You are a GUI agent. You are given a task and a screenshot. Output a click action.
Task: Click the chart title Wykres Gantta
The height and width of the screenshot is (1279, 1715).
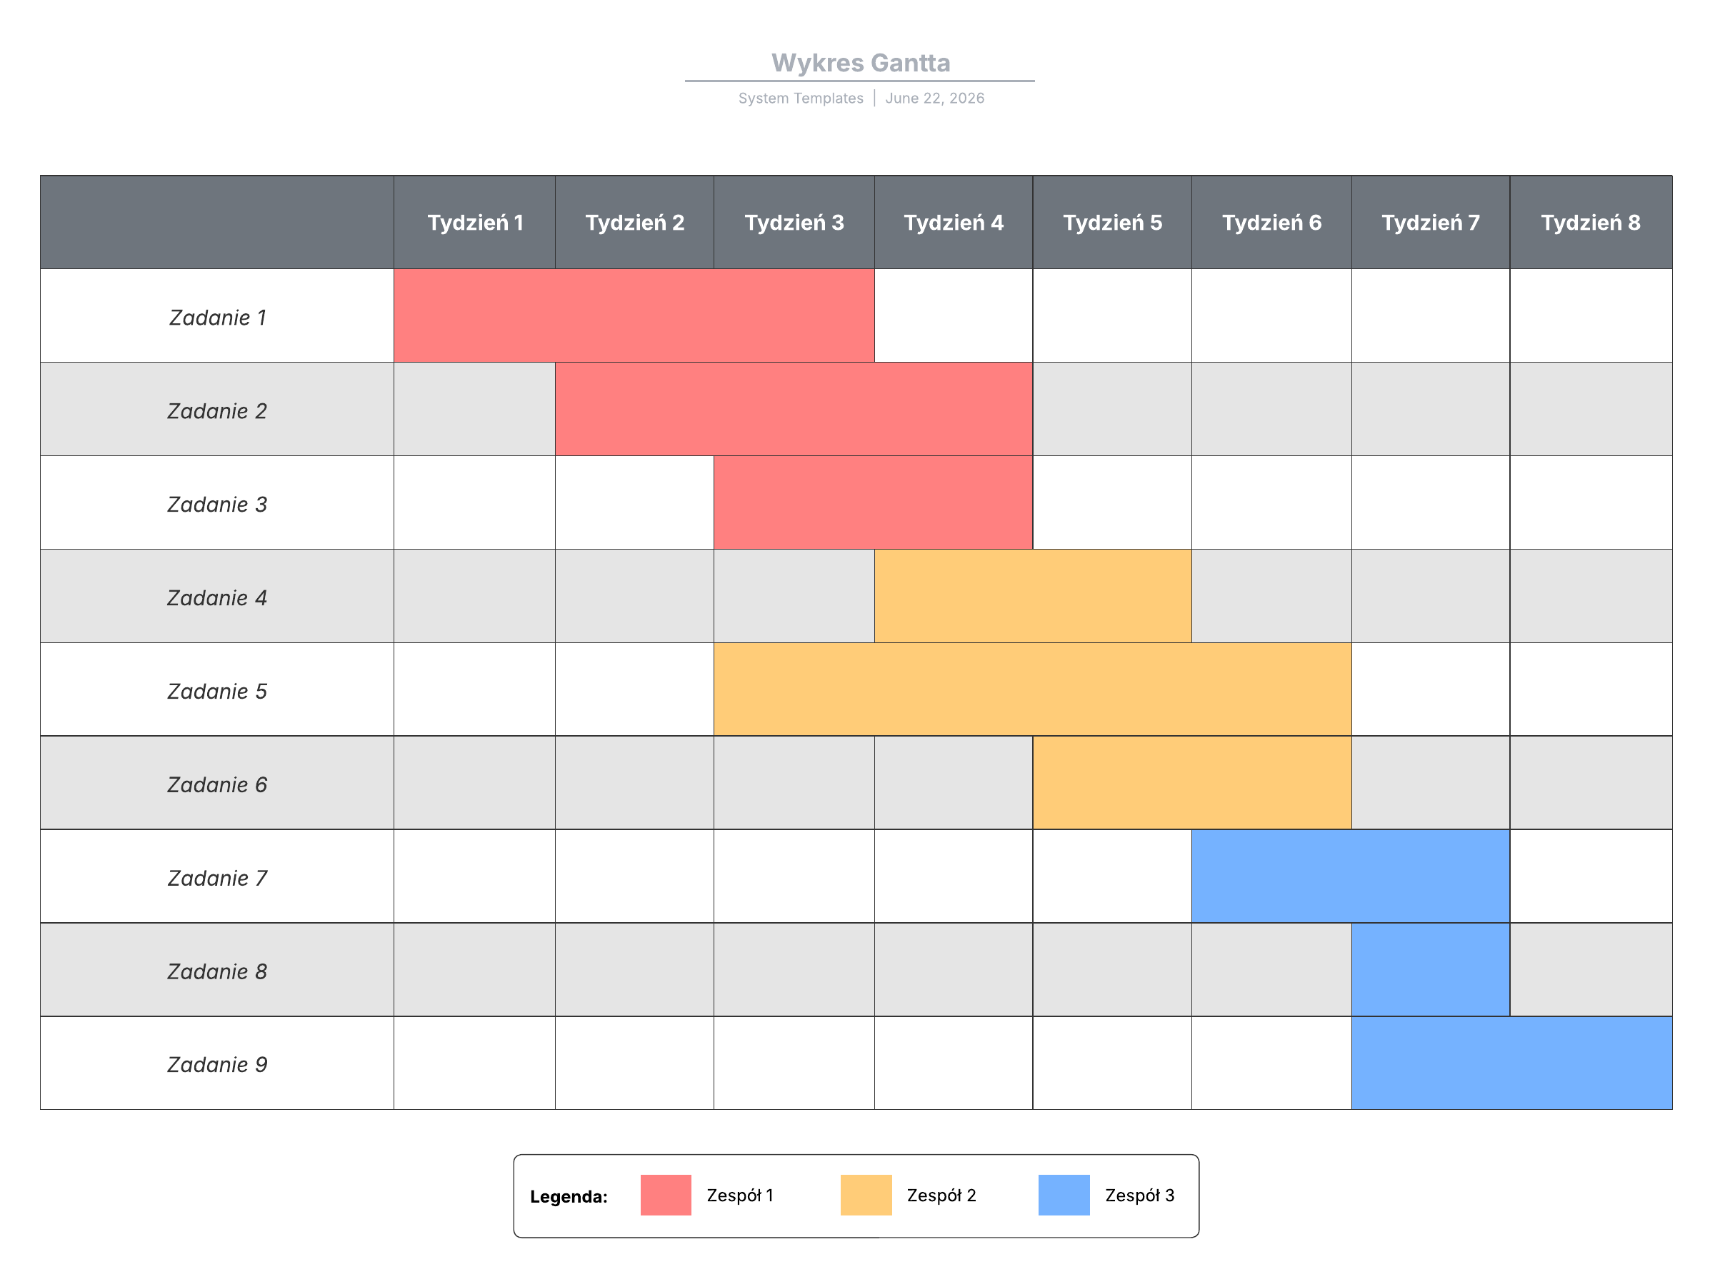click(x=860, y=63)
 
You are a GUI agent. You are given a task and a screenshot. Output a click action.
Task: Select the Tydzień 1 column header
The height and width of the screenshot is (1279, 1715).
click(x=475, y=222)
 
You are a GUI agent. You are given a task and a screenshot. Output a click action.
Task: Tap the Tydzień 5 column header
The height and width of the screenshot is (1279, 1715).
click(x=1111, y=222)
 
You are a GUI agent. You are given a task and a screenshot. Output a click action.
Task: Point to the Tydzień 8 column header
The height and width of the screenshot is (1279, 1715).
click(x=1589, y=222)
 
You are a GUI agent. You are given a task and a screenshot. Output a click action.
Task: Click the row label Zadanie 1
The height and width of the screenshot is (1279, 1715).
click(x=217, y=318)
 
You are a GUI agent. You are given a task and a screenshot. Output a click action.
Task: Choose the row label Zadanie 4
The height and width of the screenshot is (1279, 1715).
click(x=217, y=597)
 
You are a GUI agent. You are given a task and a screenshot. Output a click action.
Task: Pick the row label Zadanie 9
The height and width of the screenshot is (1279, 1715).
click(x=217, y=1065)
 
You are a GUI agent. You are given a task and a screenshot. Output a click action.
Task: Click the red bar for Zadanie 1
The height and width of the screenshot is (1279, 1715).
click(x=634, y=315)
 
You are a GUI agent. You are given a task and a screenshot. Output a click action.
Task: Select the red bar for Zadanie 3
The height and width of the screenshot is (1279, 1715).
click(x=872, y=502)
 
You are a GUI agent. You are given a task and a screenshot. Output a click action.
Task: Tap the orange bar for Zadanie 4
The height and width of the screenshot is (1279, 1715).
click(x=1033, y=596)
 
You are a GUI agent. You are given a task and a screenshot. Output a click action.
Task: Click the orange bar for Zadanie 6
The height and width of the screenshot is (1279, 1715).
click(x=1191, y=783)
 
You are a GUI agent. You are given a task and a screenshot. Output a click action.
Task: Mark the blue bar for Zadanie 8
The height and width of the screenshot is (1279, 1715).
click(x=1430, y=969)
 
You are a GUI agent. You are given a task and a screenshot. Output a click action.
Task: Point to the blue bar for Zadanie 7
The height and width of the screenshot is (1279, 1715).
click(x=1350, y=876)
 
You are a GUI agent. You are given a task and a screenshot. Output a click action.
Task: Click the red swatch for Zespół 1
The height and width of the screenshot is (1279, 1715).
click(x=666, y=1195)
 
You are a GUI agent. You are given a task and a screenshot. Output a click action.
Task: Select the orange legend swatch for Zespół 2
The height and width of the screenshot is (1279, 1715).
click(x=865, y=1195)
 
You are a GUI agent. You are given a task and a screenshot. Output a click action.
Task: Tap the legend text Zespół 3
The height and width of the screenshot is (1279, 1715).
click(x=1139, y=1195)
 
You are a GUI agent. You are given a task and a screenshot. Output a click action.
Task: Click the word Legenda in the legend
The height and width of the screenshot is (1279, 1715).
click(x=568, y=1196)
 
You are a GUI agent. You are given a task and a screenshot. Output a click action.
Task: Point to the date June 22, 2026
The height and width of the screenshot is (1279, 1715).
click(x=934, y=98)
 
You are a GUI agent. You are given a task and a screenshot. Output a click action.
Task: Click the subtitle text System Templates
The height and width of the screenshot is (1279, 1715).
click(x=800, y=98)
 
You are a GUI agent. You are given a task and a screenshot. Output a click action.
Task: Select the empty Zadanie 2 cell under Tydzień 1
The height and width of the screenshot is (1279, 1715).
click(x=474, y=409)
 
